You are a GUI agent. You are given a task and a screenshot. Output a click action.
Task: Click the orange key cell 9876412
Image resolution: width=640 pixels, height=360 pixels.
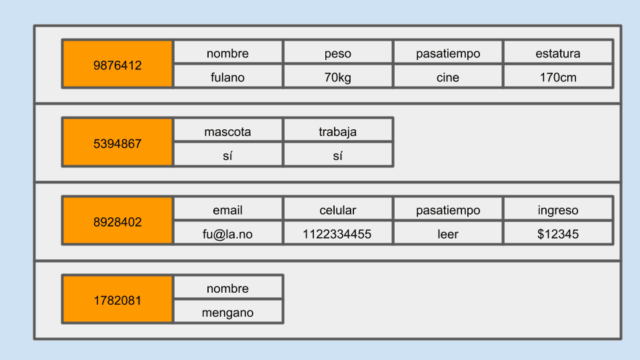point(117,64)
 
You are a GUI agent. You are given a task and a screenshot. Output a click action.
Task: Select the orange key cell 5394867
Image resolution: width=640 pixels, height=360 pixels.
point(117,142)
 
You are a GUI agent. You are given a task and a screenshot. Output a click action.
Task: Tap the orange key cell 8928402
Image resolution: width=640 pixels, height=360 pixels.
point(117,221)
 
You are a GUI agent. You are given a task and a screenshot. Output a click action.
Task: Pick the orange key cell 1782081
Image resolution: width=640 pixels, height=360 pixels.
point(117,299)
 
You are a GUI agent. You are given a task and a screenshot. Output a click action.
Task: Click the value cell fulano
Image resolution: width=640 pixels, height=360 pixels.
point(228,76)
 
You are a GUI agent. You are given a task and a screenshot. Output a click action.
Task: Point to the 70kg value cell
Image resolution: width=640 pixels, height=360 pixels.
point(338,76)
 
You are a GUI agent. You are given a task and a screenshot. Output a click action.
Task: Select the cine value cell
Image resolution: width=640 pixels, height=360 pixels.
point(448,76)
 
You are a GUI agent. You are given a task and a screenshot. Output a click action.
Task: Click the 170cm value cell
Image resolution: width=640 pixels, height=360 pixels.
point(559,76)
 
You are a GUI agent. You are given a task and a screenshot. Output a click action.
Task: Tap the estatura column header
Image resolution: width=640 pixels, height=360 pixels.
point(559,52)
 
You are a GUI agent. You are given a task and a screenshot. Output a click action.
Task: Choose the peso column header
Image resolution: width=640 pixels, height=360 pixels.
point(338,52)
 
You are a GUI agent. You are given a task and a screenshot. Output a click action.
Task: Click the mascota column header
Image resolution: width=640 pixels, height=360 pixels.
point(228,130)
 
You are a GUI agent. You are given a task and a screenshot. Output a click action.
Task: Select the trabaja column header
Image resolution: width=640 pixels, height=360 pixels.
point(338,130)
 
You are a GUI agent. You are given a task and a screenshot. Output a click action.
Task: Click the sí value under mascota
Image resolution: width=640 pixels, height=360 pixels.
point(228,154)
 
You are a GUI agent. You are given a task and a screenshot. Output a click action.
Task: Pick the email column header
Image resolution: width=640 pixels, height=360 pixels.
point(228,209)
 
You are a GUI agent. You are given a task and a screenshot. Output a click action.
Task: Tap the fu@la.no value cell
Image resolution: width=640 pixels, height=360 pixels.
point(228,233)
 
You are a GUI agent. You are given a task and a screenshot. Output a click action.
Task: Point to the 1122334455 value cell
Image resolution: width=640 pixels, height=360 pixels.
point(338,233)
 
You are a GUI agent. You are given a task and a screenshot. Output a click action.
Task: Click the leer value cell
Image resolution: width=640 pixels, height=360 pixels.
point(448,233)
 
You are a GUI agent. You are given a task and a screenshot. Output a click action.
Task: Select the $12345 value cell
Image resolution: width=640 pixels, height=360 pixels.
point(559,233)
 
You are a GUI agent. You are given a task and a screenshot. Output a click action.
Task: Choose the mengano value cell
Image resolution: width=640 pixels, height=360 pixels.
point(228,311)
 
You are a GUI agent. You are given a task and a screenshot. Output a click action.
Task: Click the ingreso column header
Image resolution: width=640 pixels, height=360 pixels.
point(559,209)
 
